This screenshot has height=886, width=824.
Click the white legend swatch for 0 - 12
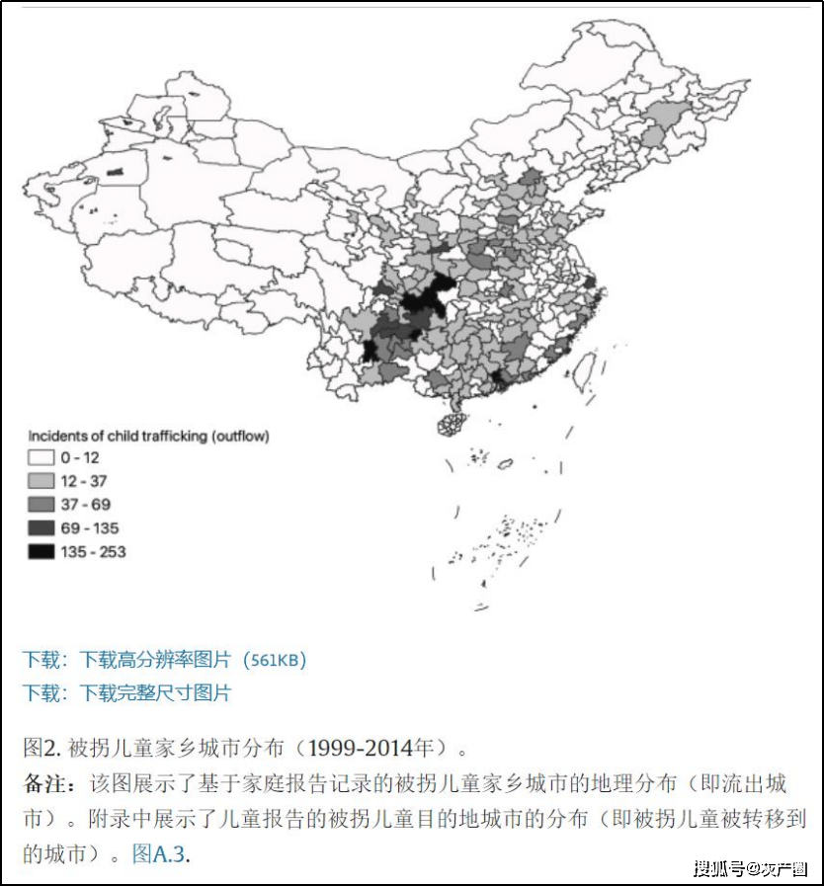point(41,458)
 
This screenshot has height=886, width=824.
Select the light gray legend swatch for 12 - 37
point(41,482)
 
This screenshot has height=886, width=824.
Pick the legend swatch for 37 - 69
point(41,505)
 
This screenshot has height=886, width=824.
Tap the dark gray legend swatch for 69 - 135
point(41,528)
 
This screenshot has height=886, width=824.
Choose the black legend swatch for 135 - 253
point(41,552)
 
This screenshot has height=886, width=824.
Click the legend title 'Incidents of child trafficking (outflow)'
point(148,436)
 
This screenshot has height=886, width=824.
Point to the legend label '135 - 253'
point(93,552)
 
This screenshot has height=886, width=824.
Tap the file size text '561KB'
point(276,660)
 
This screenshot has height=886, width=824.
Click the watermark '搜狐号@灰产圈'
point(751,868)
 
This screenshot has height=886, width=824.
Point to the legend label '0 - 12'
point(80,458)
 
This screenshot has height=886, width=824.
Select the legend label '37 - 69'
point(85,505)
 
